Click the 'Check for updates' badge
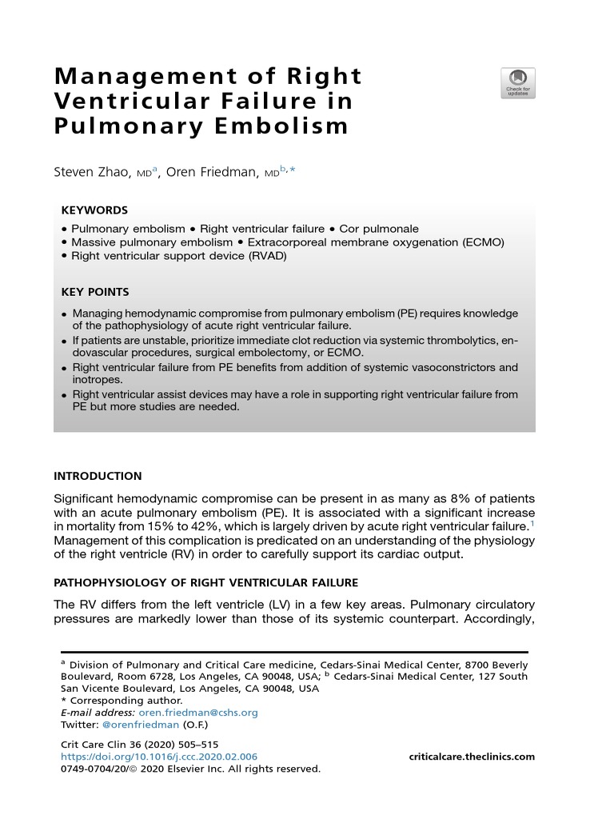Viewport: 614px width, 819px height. point(518,83)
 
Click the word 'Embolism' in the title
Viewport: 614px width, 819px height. point(293,126)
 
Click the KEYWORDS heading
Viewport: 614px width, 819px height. point(94,210)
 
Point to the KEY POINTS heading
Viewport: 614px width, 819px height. point(95,292)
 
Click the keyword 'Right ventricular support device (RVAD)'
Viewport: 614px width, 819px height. point(178,256)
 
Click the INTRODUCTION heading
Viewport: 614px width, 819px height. point(98,476)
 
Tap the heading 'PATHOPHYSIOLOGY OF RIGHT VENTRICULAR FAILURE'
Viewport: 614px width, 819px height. point(206,581)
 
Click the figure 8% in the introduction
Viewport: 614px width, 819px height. point(444,498)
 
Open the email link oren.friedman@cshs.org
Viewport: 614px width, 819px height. point(198,713)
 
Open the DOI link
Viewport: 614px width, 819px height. point(159,757)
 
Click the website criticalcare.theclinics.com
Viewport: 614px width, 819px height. point(472,757)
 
